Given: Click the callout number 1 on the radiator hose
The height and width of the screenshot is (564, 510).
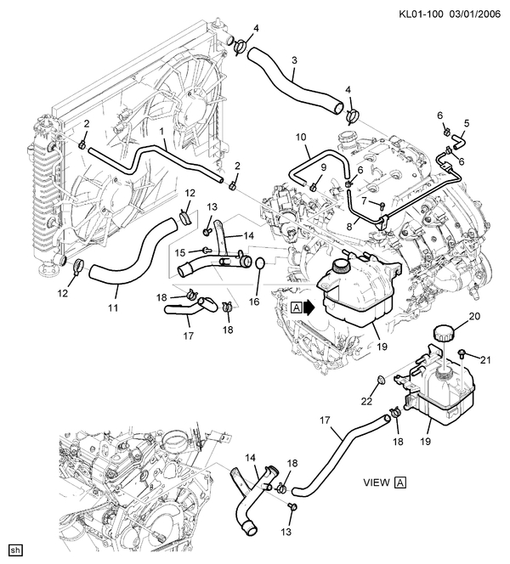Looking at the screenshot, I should pyautogui.click(x=161, y=133).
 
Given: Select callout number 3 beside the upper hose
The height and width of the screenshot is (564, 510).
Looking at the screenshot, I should pyautogui.click(x=293, y=60).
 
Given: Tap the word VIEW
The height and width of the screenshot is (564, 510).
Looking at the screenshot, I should pyautogui.click(x=376, y=482).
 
